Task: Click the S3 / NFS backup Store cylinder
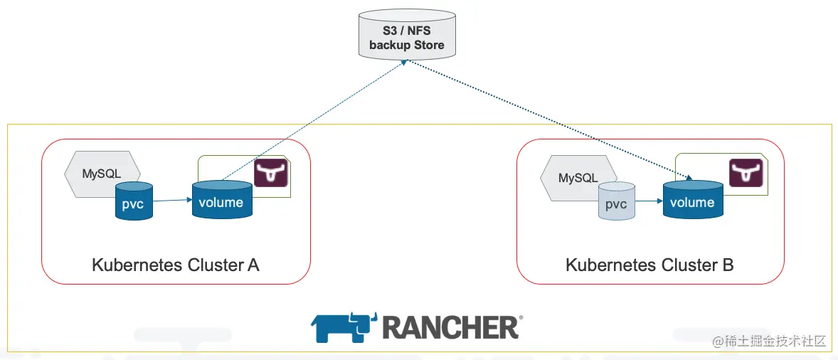coord(406,33)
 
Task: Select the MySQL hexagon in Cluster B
coord(576,177)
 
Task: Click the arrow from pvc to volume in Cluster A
coord(172,201)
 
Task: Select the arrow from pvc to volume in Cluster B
coord(649,201)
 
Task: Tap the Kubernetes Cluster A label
coord(176,265)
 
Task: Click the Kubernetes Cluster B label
coord(649,265)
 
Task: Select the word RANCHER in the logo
coord(450,327)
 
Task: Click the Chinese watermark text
coord(770,341)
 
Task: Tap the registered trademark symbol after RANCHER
coord(521,318)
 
